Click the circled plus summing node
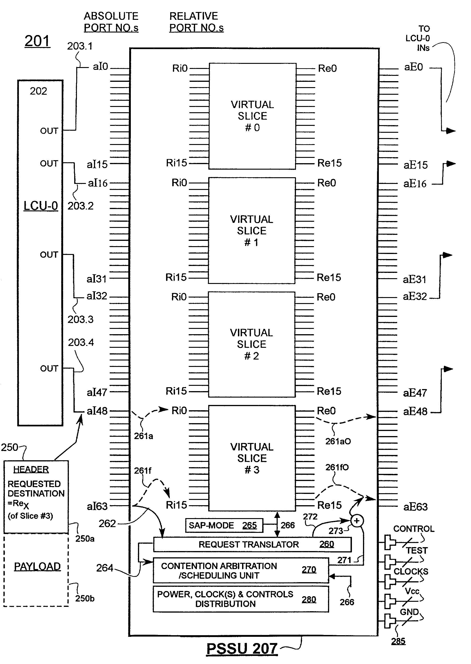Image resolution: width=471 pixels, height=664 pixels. [x=357, y=521]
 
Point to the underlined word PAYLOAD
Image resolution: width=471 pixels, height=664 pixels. [x=37, y=567]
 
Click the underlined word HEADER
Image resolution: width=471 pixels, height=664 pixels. [x=31, y=469]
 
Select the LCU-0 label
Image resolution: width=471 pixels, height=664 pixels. [x=41, y=206]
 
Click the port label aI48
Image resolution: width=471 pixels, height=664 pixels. [x=97, y=411]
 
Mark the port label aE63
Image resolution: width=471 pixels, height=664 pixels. [x=415, y=507]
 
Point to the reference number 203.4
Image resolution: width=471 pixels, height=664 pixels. [x=81, y=342]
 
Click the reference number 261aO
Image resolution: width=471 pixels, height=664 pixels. [x=338, y=441]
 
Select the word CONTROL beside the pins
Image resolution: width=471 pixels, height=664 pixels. [x=414, y=529]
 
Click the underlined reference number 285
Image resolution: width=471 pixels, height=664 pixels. [x=398, y=641]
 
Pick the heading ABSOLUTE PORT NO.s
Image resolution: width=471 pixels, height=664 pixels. [x=111, y=22]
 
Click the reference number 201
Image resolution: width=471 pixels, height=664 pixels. [x=37, y=41]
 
